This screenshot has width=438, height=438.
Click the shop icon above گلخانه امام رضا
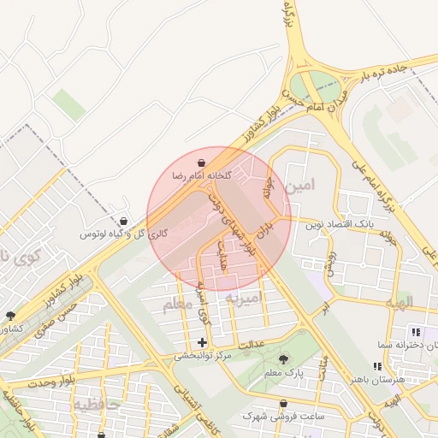point(201,162)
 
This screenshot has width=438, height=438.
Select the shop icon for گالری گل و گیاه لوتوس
point(125,221)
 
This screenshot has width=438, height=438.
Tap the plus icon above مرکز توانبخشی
point(203,342)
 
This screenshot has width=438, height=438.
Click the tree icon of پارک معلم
point(284,359)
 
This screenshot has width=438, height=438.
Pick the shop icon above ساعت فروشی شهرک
point(283,403)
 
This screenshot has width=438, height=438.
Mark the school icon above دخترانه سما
point(416,331)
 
